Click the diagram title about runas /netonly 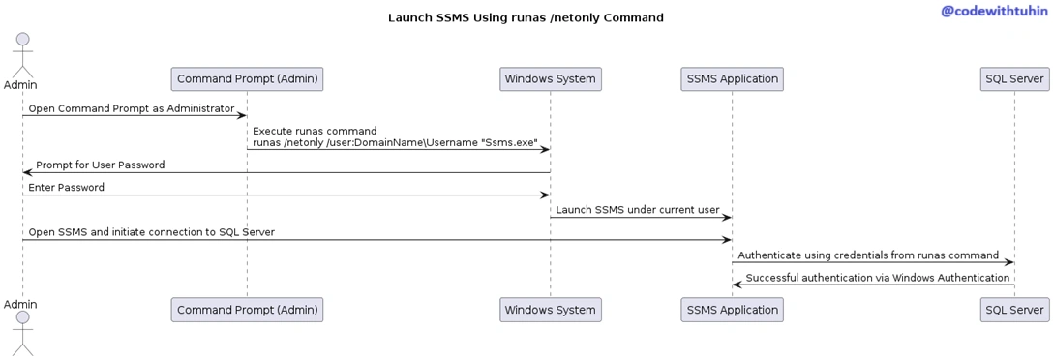[526, 18]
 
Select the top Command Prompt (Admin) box [247, 79]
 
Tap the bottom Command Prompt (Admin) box [247, 310]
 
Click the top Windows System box [550, 79]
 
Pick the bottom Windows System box [550, 310]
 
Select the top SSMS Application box [732, 79]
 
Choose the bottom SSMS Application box [732, 310]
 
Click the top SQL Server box [1014, 79]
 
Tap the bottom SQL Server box [1014, 310]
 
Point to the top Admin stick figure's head [23, 40]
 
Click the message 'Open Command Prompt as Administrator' [132, 108]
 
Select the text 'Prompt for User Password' [100, 165]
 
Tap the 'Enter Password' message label [66, 188]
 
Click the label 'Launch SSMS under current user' [637, 210]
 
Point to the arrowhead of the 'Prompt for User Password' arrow [27, 172]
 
